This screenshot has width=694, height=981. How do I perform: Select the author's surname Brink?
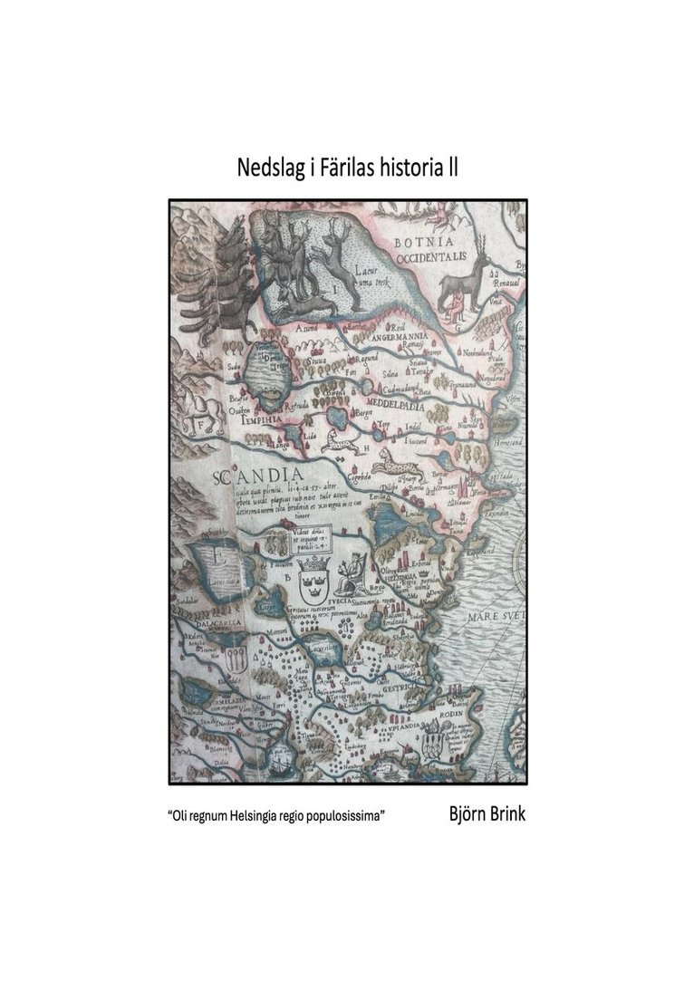[503, 813]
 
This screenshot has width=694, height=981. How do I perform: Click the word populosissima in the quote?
[348, 816]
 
